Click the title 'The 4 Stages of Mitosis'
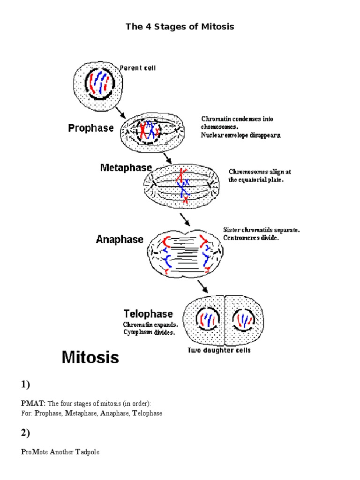(x=180, y=27)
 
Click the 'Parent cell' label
(x=137, y=67)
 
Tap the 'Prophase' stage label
(x=91, y=128)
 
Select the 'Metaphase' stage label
(x=126, y=167)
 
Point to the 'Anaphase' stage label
(x=120, y=239)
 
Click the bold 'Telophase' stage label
(x=148, y=314)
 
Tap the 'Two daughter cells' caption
(x=219, y=351)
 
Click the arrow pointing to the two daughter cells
(x=202, y=286)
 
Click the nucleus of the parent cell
(x=98, y=82)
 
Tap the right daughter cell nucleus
(x=245, y=320)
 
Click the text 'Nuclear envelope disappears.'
(x=241, y=135)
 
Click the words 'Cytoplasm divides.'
(x=149, y=332)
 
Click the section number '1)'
(x=25, y=385)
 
